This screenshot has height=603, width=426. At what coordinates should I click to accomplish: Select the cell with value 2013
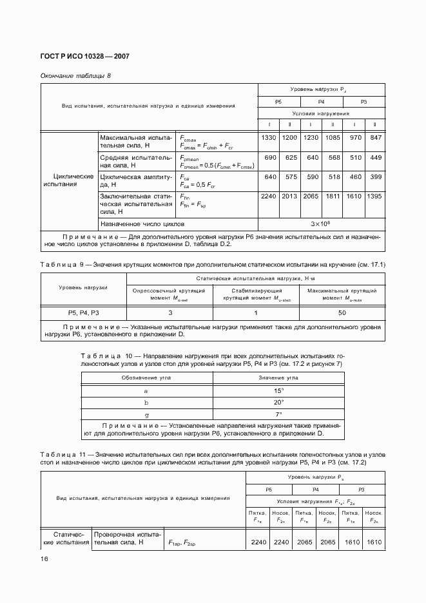[x=289, y=196]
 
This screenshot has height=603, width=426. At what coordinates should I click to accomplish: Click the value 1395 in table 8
[x=374, y=196]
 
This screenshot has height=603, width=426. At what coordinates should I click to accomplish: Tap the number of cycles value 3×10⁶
[x=321, y=224]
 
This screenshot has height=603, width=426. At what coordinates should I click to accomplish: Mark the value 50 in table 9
[x=342, y=313]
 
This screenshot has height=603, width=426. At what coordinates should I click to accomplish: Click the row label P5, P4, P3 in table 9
[x=83, y=313]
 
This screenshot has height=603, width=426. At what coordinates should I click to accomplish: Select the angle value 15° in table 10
[x=278, y=391]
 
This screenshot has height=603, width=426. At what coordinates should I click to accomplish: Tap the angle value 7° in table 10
[x=278, y=414]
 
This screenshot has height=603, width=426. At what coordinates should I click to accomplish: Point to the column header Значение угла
[x=278, y=378]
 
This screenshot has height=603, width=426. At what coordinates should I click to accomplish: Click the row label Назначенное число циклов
[x=142, y=224]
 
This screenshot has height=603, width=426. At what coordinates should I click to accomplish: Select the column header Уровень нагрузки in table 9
[x=83, y=287]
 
